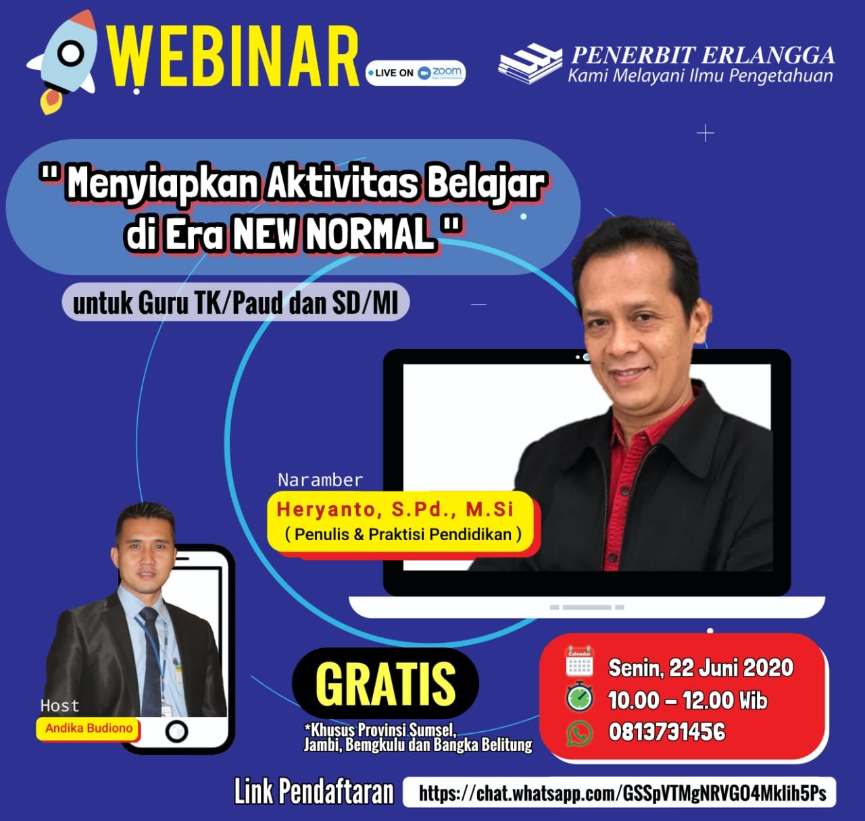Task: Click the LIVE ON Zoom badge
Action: pos(416,72)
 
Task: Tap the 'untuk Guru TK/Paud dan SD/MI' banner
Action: pos(236,303)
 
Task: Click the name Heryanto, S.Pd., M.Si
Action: pos(395,509)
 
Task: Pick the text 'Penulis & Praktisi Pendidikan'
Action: pos(403,534)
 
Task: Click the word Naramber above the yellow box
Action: pos(320,480)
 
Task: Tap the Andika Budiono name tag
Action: pos(89,729)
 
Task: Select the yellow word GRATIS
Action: pos(385,684)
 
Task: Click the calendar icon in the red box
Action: pos(579,662)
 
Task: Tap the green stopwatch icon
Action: pos(579,697)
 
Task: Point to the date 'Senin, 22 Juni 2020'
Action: pos(701,668)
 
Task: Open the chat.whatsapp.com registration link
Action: pos(622,793)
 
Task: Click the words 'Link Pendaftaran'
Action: pos(314,792)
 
